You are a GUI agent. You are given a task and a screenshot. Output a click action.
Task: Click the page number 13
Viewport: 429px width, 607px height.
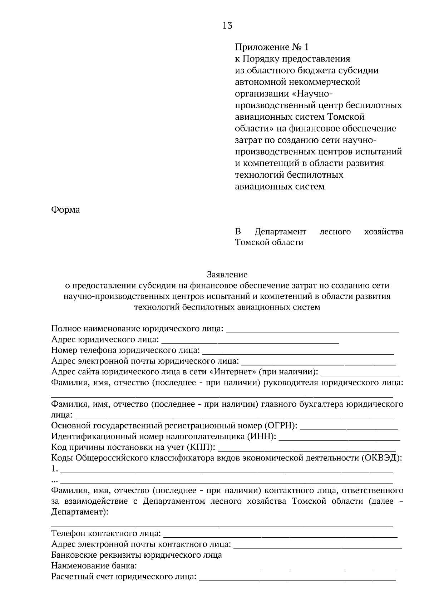click(x=228, y=26)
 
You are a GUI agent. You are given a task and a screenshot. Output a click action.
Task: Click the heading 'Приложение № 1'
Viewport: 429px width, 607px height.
click(x=271, y=47)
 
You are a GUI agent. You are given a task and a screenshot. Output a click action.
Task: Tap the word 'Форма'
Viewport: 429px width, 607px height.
click(x=65, y=209)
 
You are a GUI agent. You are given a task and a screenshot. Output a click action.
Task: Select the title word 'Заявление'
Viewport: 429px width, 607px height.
click(x=227, y=275)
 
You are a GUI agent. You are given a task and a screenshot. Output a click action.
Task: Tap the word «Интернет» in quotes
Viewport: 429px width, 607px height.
click(x=235, y=372)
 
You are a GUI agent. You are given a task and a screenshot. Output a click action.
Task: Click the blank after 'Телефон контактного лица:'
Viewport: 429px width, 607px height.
click(x=280, y=535)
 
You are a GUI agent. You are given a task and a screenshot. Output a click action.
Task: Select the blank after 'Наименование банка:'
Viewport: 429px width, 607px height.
click(x=268, y=567)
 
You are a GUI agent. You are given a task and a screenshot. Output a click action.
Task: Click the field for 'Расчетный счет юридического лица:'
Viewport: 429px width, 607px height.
click(x=297, y=578)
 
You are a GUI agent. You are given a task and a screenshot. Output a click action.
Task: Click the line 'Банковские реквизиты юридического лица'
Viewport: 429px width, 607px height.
click(x=137, y=555)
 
